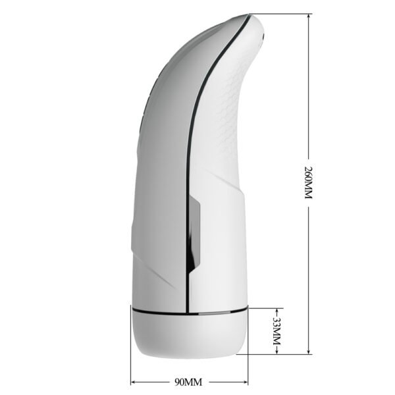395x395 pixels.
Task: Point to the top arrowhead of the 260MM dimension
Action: point(307,17)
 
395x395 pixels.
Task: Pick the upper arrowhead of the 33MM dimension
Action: point(277,309)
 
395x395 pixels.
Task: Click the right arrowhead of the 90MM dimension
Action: point(246,381)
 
